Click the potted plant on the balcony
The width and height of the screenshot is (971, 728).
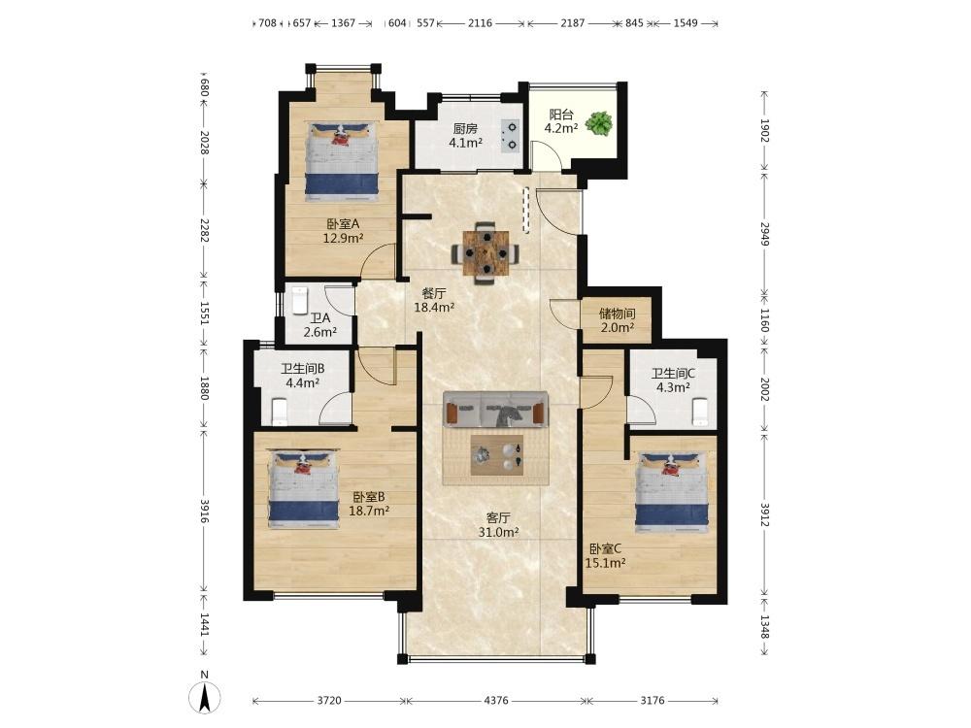pyautogui.click(x=599, y=122)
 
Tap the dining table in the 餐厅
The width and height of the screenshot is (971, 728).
pyautogui.click(x=486, y=252)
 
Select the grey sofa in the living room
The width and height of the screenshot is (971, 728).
pyautogui.click(x=496, y=410)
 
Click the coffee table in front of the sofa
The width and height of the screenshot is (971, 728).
pyautogui.click(x=496, y=455)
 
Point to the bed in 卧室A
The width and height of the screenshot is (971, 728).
pyautogui.click(x=342, y=160)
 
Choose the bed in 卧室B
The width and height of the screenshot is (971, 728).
pyautogui.click(x=303, y=489)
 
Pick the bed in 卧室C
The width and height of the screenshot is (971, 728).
pyautogui.click(x=671, y=491)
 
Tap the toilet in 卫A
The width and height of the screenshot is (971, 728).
pyautogui.click(x=300, y=300)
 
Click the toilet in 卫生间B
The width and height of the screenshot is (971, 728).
pyautogui.click(x=280, y=414)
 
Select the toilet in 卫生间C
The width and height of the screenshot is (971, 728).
pyautogui.click(x=700, y=413)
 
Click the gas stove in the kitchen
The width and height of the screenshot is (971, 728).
pyautogui.click(x=512, y=136)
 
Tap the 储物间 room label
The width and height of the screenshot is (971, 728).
pyautogui.click(x=617, y=314)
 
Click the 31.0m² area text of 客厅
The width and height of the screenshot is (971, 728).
pyautogui.click(x=498, y=532)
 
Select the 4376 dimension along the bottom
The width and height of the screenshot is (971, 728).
pyautogui.click(x=495, y=700)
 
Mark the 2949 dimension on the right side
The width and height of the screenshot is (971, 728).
pyautogui.click(x=764, y=234)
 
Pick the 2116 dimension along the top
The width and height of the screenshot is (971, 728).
pyautogui.click(x=480, y=23)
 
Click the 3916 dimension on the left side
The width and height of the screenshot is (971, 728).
pyautogui.click(x=204, y=511)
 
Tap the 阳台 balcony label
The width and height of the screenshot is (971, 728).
pyautogui.click(x=561, y=115)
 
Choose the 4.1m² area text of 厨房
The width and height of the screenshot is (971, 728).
pyautogui.click(x=466, y=143)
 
